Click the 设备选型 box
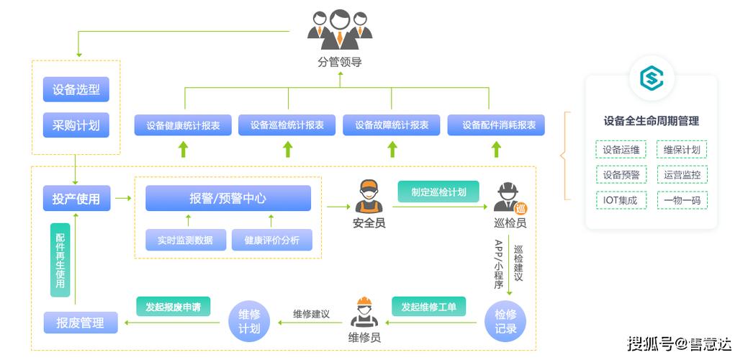coord(76,90)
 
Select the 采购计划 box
coord(76,126)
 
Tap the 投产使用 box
coord(76,199)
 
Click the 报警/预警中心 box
coord(228,198)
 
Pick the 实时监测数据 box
coord(185,240)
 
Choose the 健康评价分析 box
coord(272,240)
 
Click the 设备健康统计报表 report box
coord(183,125)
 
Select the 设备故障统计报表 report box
coord(392,125)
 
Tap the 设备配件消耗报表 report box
coord(496,125)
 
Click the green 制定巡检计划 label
coord(438,192)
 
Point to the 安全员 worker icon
coord(369,197)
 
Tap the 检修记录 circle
coord(506,321)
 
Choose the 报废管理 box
coord(80,323)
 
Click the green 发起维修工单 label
coord(429,307)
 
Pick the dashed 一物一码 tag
coord(682,200)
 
